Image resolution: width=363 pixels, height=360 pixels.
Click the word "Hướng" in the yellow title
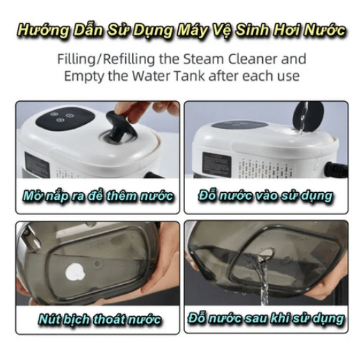tap(43, 31)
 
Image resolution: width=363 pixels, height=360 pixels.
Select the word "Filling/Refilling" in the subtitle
tap(106, 60)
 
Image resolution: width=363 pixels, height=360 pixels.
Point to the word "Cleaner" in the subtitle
tap(252, 59)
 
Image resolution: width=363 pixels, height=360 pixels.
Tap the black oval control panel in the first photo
tap(65, 118)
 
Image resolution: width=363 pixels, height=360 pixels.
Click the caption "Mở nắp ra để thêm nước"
tap(98, 196)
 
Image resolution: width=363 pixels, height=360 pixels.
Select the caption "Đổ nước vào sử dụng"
tap(266, 196)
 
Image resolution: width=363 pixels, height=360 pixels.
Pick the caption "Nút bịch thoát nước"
tap(99, 319)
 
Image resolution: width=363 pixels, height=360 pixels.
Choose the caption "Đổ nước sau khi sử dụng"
tap(266, 318)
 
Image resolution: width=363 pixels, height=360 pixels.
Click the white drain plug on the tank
tap(75, 272)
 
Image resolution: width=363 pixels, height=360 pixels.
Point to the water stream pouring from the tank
tap(262, 279)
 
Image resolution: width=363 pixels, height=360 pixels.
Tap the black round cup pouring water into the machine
tap(308, 116)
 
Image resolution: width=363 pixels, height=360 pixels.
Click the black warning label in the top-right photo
tap(216, 164)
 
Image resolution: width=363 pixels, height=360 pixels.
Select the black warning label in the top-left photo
tap(37, 165)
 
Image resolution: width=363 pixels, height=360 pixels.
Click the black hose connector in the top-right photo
tap(336, 170)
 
